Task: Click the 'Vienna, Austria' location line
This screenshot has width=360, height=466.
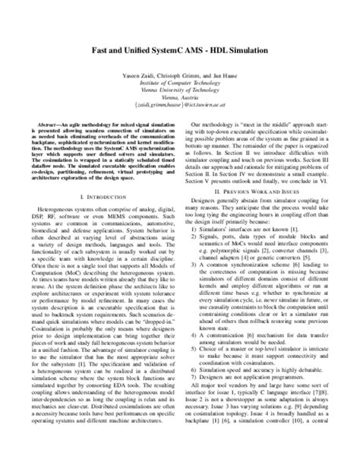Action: tap(180, 93)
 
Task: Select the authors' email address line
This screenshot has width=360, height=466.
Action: tap(180, 100)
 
